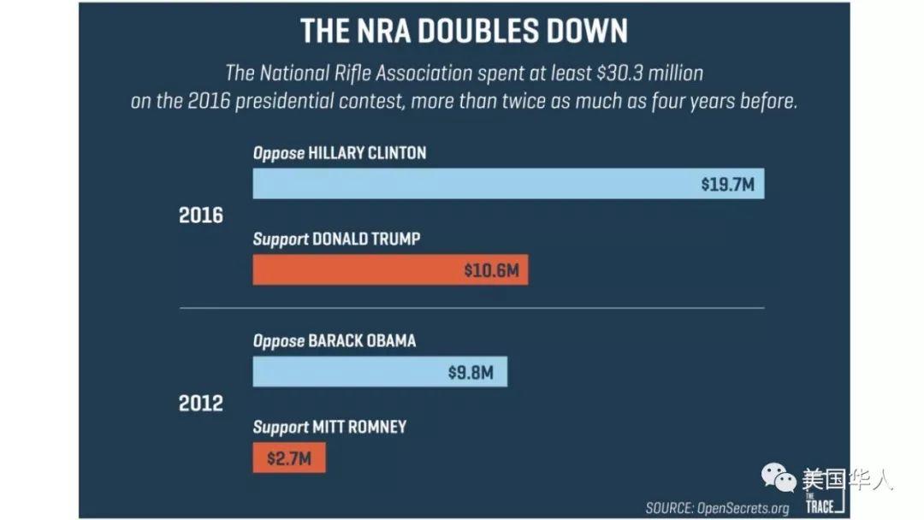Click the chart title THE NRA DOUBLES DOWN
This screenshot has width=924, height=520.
pyautogui.click(x=463, y=31)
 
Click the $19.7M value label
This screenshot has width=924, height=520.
pyautogui.click(x=727, y=184)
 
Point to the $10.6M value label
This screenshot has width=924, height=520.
pyautogui.click(x=491, y=270)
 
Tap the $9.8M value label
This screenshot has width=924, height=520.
pyautogui.click(x=471, y=373)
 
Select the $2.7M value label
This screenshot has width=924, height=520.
pyautogui.click(x=288, y=458)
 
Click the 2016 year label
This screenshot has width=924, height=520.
pyautogui.click(x=201, y=216)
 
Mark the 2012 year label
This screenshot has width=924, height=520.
pyautogui.click(x=201, y=403)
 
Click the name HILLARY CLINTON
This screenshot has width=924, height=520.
pyautogui.click(x=367, y=153)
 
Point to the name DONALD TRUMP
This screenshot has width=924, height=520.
pyautogui.click(x=366, y=239)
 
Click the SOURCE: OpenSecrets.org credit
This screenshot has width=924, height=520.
pyautogui.click(x=717, y=508)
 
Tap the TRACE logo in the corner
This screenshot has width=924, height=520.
pyautogui.click(x=818, y=501)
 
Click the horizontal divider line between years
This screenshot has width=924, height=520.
pyautogui.click(x=471, y=307)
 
